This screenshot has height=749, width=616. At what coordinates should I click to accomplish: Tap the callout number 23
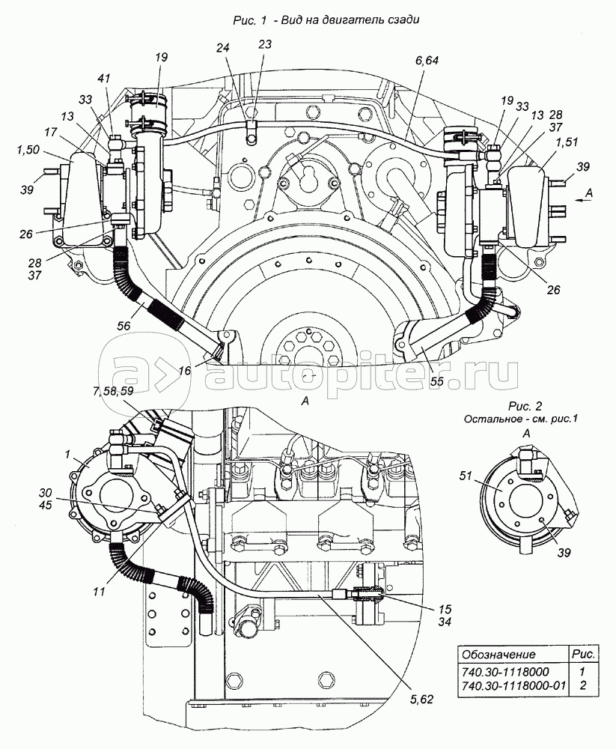[x=264, y=44]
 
